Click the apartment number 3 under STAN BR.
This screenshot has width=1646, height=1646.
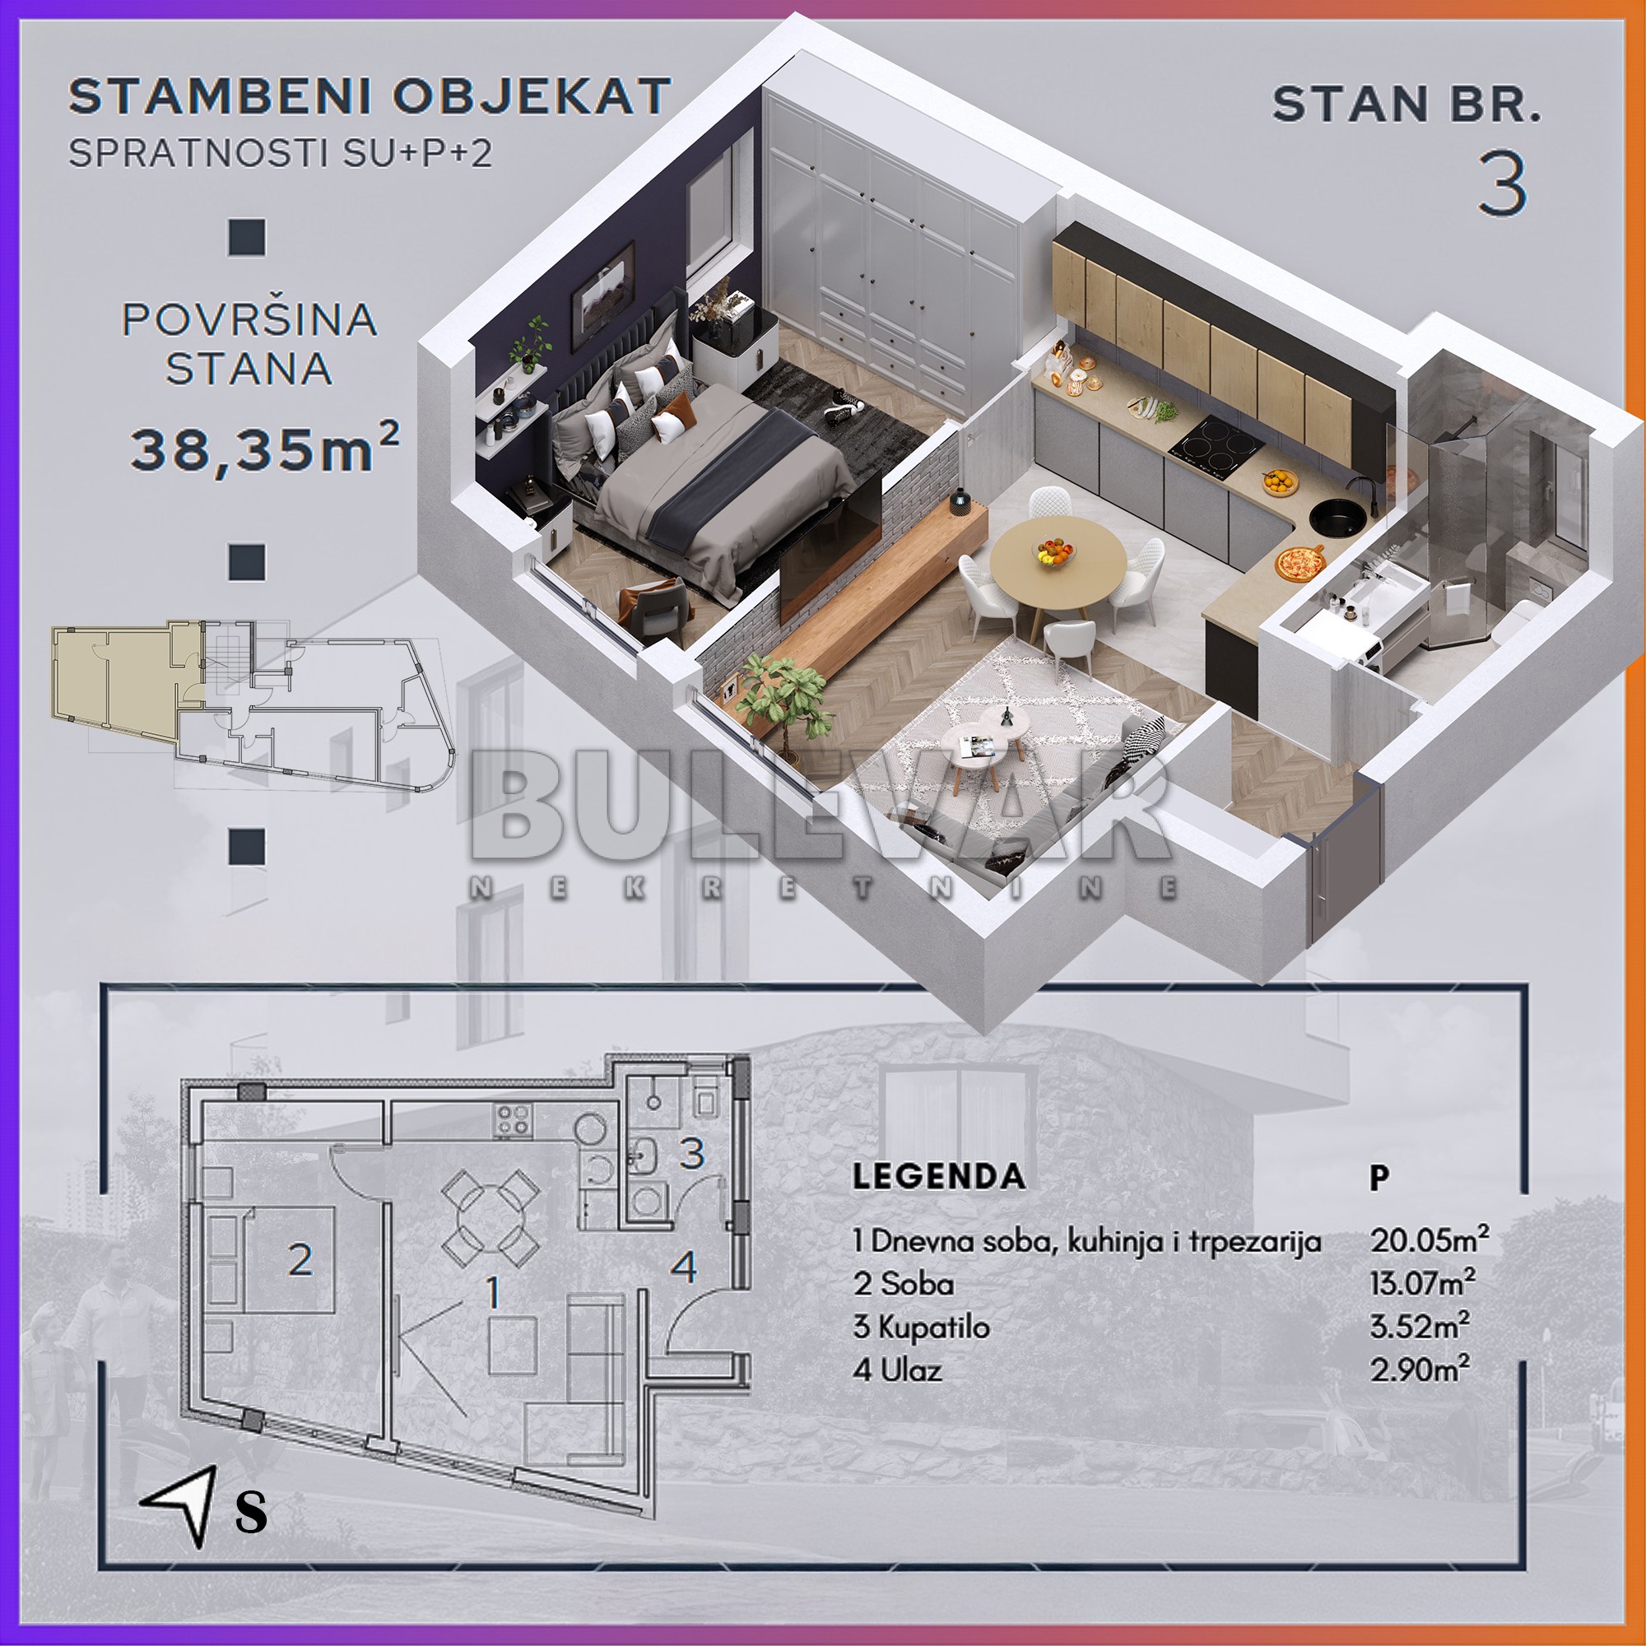(x=1502, y=184)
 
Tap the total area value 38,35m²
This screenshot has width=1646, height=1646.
(x=264, y=449)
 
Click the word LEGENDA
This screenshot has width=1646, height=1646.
(x=939, y=1177)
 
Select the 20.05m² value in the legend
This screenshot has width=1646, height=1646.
(x=1429, y=1239)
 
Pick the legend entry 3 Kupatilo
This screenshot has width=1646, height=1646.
(x=921, y=1327)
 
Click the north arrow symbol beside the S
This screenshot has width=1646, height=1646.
(x=180, y=1504)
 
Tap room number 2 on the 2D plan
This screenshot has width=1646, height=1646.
(x=299, y=1260)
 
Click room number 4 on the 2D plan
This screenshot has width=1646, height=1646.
(x=684, y=1267)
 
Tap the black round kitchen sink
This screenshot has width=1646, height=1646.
(x=1337, y=516)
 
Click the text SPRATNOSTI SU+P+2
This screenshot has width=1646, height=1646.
(x=281, y=153)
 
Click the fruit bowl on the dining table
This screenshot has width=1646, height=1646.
(x=1056, y=551)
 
